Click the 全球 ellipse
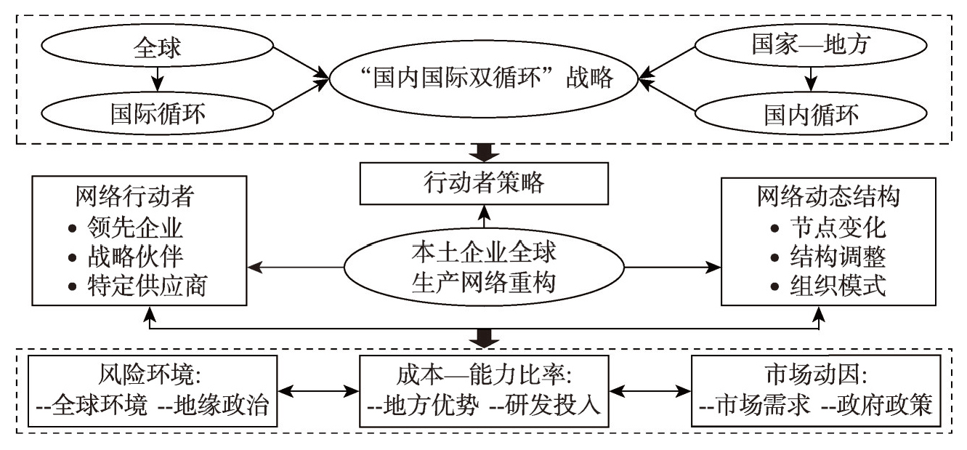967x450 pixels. [157, 49]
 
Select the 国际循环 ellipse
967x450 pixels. [157, 113]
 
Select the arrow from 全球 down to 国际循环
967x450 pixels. [157, 81]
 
